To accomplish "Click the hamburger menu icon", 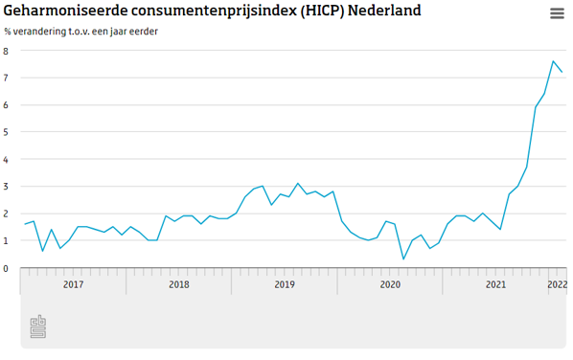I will [557, 13].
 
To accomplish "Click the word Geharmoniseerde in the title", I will [64, 11].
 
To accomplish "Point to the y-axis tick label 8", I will [6, 51].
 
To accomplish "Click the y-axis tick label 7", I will [6, 78].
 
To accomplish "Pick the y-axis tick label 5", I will [6, 132].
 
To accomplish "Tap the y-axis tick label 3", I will [6, 187].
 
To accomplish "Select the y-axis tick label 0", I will [6, 268].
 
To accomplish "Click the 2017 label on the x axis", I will [73, 284].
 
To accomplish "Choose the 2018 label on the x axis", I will [178, 284].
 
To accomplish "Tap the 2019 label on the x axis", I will [284, 284].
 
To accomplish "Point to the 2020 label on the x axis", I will [389, 284].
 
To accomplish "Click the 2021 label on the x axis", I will [494, 284].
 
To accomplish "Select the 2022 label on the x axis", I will [557, 284].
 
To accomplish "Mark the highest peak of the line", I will [553, 61].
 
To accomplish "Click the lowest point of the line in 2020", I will [403, 259].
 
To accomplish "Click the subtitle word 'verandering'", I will [45, 32].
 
